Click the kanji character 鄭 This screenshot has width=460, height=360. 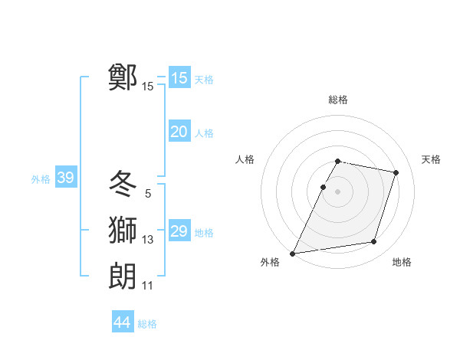tap(123, 77)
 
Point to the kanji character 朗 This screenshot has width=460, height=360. tap(123, 276)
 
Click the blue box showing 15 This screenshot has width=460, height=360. tap(179, 78)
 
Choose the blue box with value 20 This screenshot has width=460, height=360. tap(179, 132)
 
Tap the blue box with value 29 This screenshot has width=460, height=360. tap(179, 231)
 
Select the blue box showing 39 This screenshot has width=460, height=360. tap(65, 178)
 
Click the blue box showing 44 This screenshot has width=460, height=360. tap(122, 323)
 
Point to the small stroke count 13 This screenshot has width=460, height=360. tap(148, 241)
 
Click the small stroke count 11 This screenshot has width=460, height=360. tap(148, 286)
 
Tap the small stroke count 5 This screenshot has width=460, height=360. tap(148, 195)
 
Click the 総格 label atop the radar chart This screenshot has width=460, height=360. tap(338, 100)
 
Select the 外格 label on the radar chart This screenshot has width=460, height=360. tap(270, 263)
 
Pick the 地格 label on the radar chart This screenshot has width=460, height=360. tap(402, 263)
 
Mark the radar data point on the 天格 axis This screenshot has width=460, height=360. tap(396, 172)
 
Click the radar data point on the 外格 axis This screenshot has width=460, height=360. tap(293, 254)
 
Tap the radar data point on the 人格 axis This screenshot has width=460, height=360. tap(323, 187)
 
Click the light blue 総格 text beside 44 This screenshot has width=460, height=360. tap(147, 324)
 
